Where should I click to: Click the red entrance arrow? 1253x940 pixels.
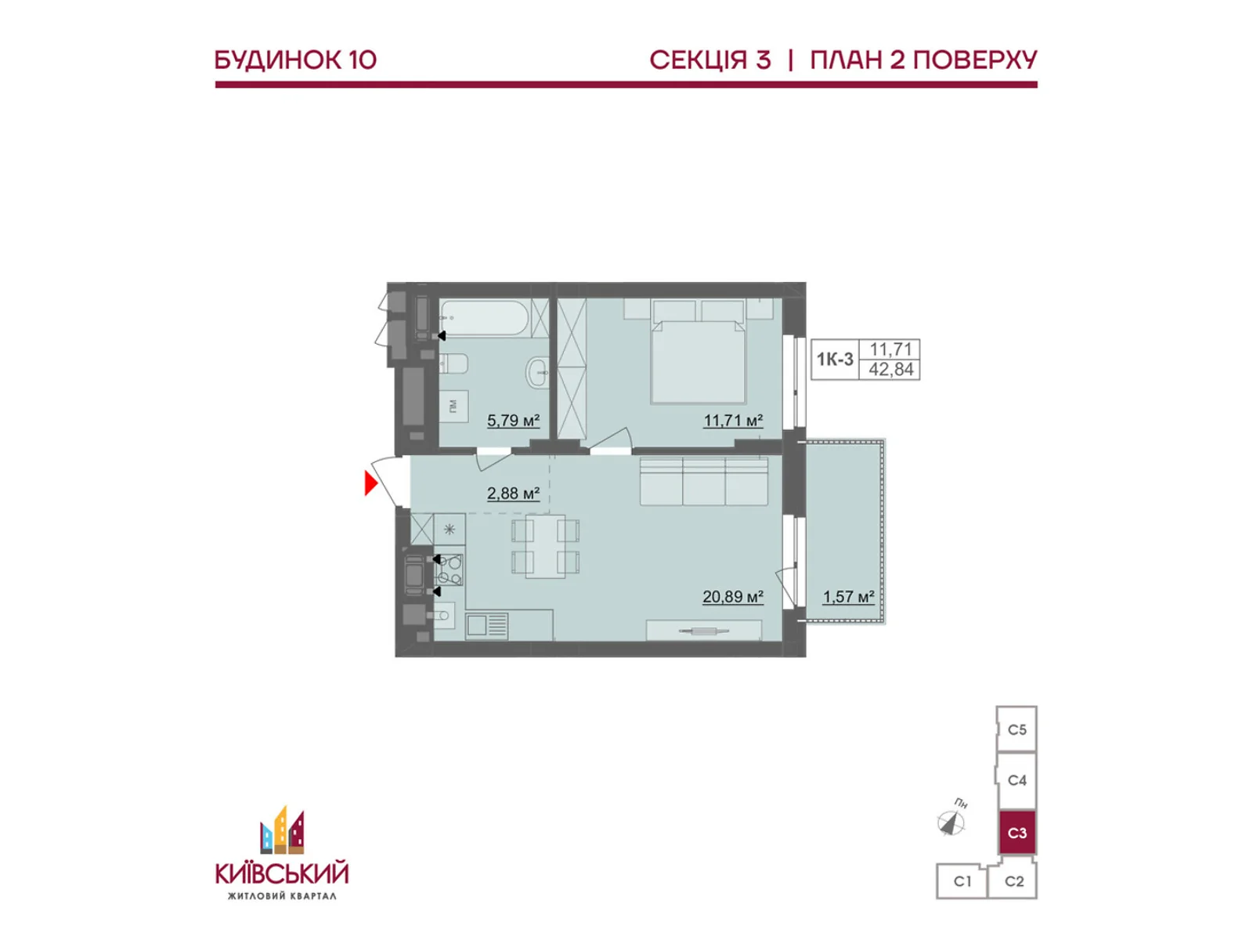coord(370,483)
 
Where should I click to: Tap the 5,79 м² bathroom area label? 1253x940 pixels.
coord(513,421)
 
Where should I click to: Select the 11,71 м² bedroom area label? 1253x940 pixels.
coord(733,421)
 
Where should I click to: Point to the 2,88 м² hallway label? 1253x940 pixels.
coord(513,493)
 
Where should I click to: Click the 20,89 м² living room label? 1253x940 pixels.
coord(732,597)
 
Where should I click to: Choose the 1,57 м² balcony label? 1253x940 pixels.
coord(848,597)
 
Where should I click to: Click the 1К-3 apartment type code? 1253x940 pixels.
coord(835,360)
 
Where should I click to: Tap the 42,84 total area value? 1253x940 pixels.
coord(891,370)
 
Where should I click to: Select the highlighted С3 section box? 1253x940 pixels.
coord(1016,833)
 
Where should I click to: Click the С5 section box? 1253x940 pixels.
coord(1016,730)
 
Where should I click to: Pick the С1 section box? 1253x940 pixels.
coord(962,881)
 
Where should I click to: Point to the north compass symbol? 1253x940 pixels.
coord(951,822)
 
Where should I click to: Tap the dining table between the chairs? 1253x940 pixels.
coord(545,546)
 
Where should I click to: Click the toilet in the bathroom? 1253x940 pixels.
coord(453,363)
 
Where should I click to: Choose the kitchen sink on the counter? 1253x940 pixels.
coord(486,625)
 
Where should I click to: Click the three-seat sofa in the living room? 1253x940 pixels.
coord(703,482)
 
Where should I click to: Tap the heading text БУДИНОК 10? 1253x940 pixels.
coord(295,60)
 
